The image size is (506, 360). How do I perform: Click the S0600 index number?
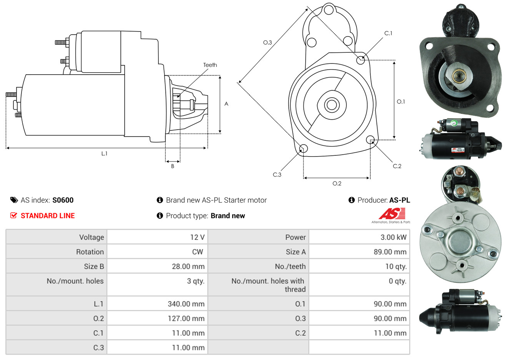click(x=63, y=200)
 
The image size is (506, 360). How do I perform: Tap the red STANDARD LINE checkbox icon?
click(x=13, y=215)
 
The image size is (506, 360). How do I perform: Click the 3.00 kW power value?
click(x=393, y=237)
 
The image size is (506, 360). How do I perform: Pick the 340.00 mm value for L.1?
click(x=186, y=304)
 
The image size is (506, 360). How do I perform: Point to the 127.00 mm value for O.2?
click(x=186, y=318)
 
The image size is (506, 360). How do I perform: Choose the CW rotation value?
click(x=197, y=252)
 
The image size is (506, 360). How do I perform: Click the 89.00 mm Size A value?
click(x=390, y=252)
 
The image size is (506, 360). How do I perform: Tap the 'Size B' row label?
click(x=94, y=267)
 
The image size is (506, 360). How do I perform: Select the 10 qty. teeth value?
click(x=396, y=267)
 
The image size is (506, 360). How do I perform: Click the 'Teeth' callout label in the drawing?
click(x=210, y=65)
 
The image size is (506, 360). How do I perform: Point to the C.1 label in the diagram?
click(x=388, y=33)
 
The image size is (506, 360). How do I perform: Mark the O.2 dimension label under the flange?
click(x=337, y=183)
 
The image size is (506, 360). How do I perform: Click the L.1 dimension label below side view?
click(x=104, y=154)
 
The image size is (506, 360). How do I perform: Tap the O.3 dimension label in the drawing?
click(x=268, y=42)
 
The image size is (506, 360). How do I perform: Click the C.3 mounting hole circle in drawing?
click(x=304, y=148)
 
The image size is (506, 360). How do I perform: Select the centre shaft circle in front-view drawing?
click(x=331, y=105)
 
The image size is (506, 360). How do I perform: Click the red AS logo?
click(x=392, y=213)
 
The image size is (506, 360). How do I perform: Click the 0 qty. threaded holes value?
click(x=398, y=281)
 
